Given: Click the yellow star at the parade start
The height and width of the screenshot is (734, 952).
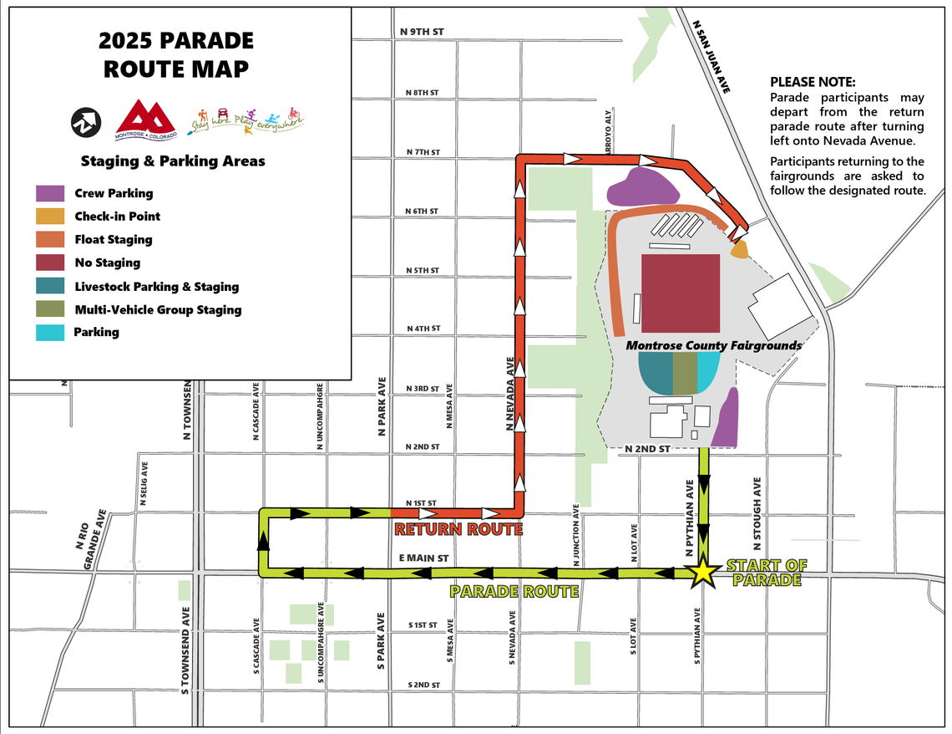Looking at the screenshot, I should (703, 572).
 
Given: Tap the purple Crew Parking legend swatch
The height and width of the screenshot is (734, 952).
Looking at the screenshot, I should (50, 193).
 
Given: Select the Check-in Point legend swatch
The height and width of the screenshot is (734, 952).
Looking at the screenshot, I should (50, 217).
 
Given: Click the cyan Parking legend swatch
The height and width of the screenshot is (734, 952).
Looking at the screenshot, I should (50, 333).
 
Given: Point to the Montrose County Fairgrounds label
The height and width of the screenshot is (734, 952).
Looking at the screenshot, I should (714, 345).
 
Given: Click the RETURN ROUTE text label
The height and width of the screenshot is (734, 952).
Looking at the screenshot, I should (458, 529).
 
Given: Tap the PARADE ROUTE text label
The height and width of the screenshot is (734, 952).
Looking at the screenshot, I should (514, 592).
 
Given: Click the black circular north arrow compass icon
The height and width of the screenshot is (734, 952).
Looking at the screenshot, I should (85, 122).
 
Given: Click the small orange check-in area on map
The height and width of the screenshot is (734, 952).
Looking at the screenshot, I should (739, 249).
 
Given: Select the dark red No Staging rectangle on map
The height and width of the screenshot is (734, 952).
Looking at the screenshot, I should (681, 293).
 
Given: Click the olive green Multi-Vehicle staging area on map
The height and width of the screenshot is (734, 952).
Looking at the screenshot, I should (685, 373).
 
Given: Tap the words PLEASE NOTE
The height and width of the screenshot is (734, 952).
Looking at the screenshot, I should (812, 82).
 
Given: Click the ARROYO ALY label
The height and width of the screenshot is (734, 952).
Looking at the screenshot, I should (610, 129).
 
